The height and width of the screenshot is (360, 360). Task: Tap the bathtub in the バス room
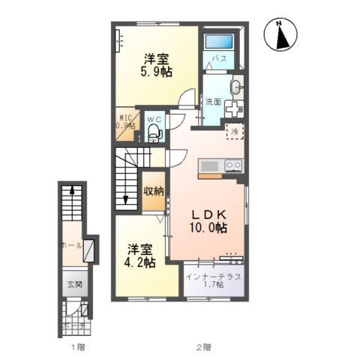tap(220, 41)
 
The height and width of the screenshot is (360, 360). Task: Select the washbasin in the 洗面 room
tap(235, 88)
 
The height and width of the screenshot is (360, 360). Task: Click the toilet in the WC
tap(154, 133)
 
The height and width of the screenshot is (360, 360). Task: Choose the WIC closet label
tap(125, 122)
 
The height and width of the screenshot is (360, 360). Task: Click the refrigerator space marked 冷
tap(235, 132)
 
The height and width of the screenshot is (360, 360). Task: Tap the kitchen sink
tap(209, 166)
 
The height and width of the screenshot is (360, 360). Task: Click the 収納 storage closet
tap(153, 190)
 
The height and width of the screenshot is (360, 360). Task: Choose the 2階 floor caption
tap(203, 347)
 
